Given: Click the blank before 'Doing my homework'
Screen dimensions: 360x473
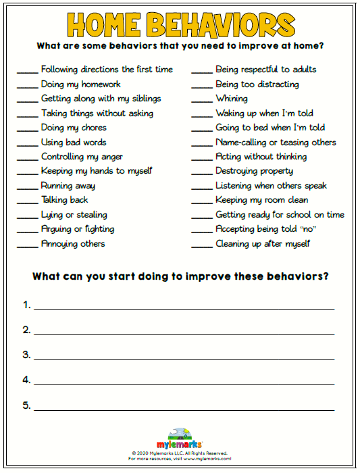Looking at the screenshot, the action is coord(27,87).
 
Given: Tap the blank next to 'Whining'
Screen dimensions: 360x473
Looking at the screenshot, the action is coord(201,101).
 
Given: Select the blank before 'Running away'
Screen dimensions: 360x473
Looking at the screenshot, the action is coord(27,189).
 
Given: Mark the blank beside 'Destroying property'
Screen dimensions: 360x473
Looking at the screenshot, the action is coord(201,174).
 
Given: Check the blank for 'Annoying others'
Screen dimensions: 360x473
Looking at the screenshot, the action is coord(27,247).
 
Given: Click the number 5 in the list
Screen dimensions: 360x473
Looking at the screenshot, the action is coord(26,405).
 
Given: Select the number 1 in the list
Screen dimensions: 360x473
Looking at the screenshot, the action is coord(26,305).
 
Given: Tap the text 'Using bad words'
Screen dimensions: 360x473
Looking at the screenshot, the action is coord(74,143).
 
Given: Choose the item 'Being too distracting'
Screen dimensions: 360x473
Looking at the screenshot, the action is coord(257,84).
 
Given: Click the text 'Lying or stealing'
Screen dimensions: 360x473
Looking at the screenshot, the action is coord(74,215).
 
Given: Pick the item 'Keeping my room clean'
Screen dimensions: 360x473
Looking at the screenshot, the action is coord(261,200).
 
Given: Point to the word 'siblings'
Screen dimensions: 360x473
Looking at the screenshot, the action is coord(143,99).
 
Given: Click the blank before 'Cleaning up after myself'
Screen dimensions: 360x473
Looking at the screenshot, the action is coord(201,247).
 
